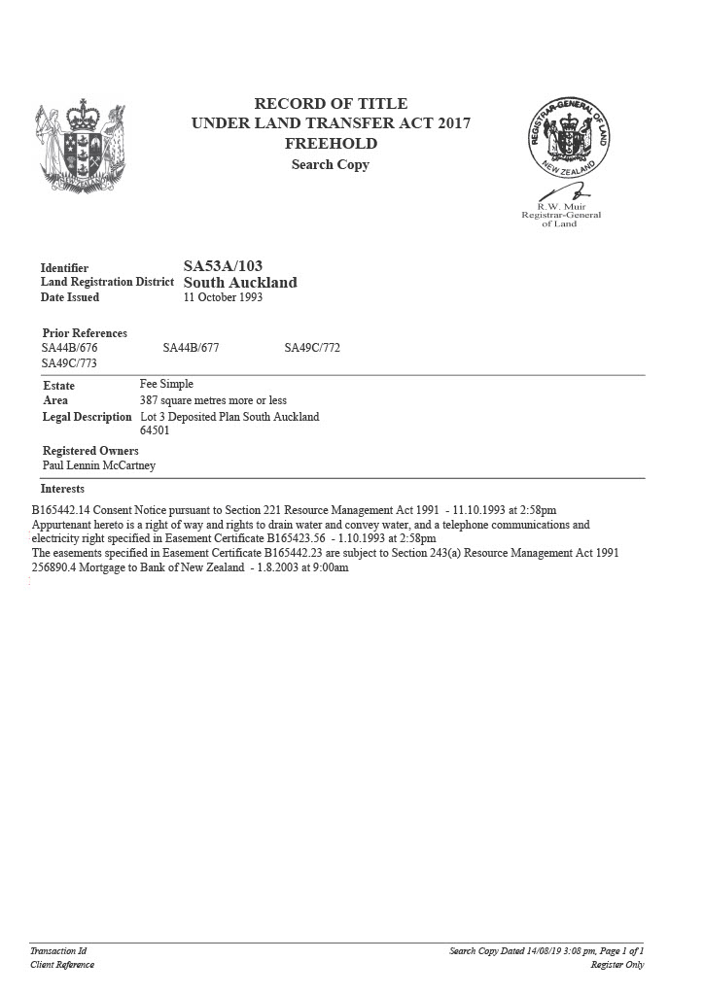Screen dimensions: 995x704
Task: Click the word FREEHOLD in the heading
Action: (331, 144)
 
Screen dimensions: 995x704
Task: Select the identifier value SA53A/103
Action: (223, 266)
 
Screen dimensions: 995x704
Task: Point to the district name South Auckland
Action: (240, 283)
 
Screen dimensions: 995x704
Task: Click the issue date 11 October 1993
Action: (223, 297)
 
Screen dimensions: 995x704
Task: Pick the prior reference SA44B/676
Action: (69, 348)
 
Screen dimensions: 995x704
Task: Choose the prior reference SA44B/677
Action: (191, 348)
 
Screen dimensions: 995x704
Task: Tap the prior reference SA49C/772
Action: (312, 348)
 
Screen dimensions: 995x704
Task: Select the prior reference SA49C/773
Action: (69, 363)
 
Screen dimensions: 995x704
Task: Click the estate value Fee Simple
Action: (166, 385)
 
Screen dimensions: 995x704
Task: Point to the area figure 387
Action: (150, 400)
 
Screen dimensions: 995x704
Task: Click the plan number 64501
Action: (156, 430)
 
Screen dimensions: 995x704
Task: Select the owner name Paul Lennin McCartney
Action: (98, 465)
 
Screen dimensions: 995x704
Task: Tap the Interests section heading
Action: (62, 489)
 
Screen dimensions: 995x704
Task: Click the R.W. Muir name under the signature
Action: (560, 207)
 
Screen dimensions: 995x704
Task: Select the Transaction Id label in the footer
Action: (58, 951)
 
